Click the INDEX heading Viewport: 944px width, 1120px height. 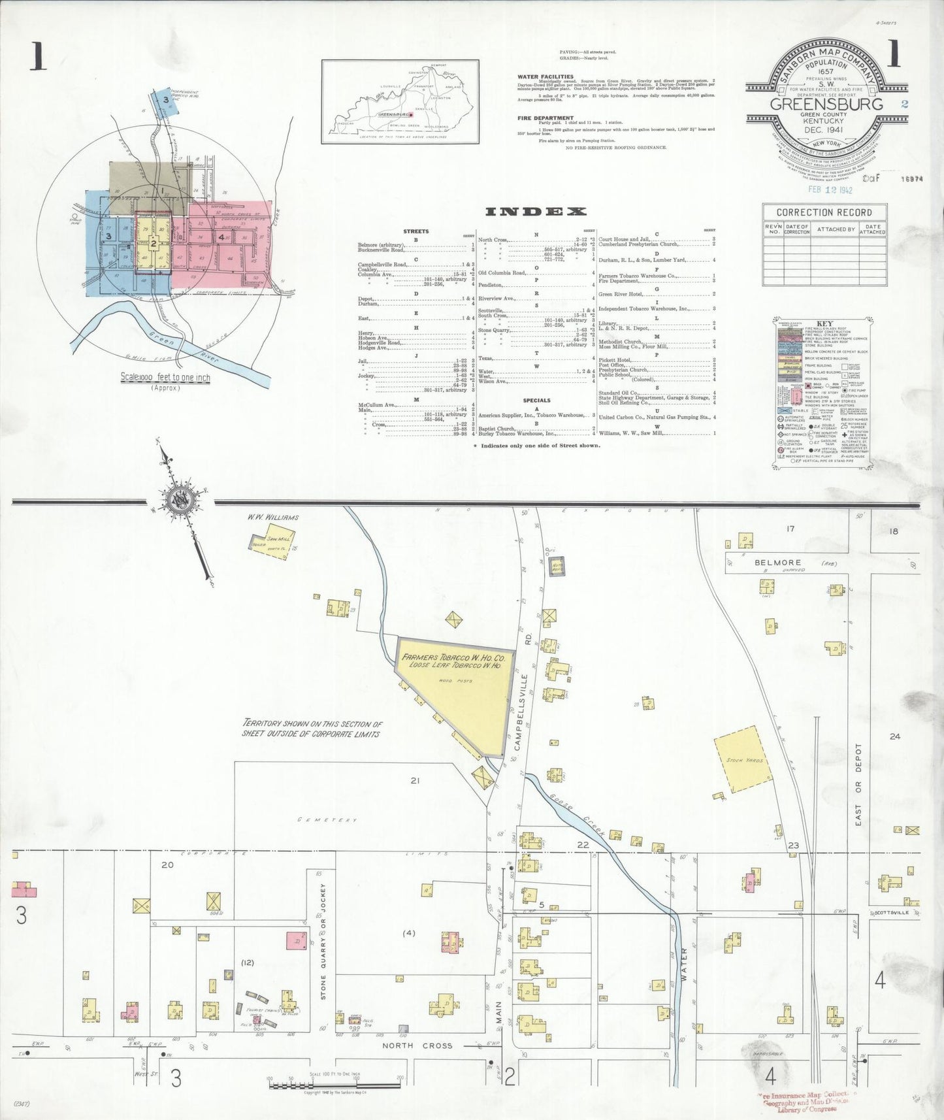pyautogui.click(x=536, y=211)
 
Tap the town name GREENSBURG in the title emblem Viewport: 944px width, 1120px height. pyautogui.click(x=826, y=105)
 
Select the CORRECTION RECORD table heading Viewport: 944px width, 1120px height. pyautogui.click(x=824, y=212)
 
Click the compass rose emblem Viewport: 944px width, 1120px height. pyautogui.click(x=178, y=501)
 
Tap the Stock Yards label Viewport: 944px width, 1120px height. pyautogui.click(x=744, y=760)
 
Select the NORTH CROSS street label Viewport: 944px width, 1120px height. pyautogui.click(x=417, y=1046)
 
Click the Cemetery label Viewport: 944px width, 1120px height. pyautogui.click(x=327, y=819)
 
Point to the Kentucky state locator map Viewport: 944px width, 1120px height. pyautogui.click(x=400, y=101)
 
